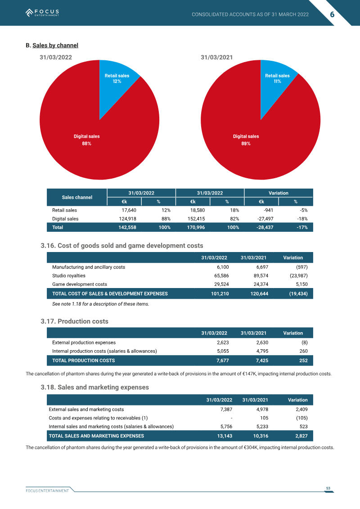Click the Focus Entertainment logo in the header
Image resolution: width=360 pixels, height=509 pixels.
point(42,13)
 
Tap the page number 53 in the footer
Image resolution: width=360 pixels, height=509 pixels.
point(328,488)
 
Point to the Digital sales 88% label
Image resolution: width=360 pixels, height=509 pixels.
point(87,140)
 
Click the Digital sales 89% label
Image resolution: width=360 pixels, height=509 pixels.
point(246,140)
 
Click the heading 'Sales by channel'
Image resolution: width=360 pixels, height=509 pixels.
point(55,45)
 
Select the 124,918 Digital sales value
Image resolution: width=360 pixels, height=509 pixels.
point(127,219)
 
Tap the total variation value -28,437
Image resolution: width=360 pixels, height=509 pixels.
point(265,227)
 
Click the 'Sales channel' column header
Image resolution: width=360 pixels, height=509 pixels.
point(77,198)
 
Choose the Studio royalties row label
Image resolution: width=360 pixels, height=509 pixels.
point(69,275)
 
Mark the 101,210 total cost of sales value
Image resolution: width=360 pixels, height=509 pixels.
point(220,293)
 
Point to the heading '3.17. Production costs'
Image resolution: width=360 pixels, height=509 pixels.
point(74,321)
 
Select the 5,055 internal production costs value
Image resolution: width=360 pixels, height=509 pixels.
point(223,351)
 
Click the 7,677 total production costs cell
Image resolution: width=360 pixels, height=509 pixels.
point(223,360)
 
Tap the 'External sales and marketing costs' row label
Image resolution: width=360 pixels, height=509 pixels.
point(86,410)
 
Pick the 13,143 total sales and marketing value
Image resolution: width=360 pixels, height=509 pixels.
point(225,436)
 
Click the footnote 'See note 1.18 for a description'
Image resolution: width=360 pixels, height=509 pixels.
point(101,304)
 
